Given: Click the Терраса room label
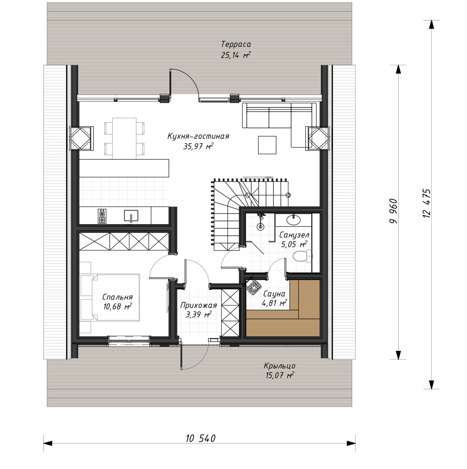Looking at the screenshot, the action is pos(236,44).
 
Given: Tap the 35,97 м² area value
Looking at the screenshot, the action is pos(198,146).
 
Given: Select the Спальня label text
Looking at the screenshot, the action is pos(117,297).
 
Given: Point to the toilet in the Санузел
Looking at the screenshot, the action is pos(302,256).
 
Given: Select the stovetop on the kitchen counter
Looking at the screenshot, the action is pos(102,216).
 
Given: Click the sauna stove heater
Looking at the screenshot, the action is pos(254,286).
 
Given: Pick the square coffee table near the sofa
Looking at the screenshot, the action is pos(267,145).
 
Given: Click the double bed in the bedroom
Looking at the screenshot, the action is pos(110,297).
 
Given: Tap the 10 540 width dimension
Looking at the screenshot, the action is pos(200,438).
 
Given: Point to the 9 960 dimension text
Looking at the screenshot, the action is pos(394,211).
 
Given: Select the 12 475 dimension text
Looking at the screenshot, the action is pos(427,203).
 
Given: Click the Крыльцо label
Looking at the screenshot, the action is pos(280,366).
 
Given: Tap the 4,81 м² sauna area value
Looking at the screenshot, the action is pos(274,303).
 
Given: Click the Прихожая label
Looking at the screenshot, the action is pos(198,305).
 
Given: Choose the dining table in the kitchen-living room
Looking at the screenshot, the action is pos(124,138).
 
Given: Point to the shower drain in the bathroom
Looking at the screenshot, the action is pos(260,227).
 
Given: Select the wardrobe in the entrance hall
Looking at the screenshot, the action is pos(230,313).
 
